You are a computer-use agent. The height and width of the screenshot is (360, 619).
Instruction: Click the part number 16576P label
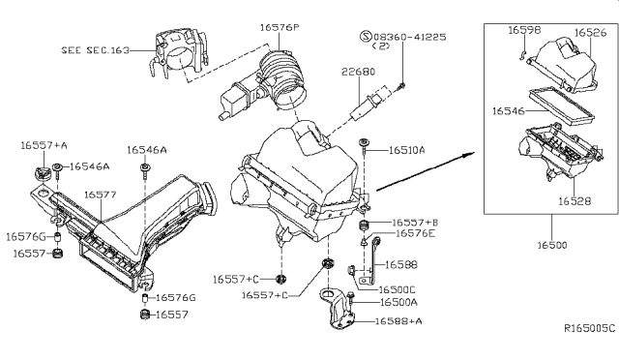tap(280, 28)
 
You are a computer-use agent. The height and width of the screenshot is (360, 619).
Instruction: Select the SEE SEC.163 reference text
tap(95, 50)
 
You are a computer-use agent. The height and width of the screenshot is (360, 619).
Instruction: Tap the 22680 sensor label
tap(359, 72)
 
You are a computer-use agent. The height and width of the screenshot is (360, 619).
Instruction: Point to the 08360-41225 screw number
tap(410, 37)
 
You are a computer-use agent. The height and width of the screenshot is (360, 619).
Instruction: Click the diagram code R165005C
tap(589, 328)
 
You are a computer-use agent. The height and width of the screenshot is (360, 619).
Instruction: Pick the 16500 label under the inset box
tap(552, 245)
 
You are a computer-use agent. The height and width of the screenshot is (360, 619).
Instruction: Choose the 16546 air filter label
tap(509, 111)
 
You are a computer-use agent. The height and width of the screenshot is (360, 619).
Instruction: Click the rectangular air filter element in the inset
tap(561, 105)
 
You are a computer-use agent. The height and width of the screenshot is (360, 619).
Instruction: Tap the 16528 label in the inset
tap(575, 201)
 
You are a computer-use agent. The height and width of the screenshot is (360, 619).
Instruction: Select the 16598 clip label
tap(524, 30)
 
